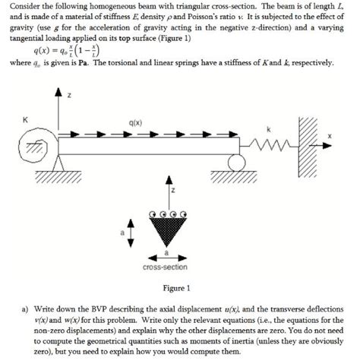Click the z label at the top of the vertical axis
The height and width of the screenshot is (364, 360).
tap(69, 96)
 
